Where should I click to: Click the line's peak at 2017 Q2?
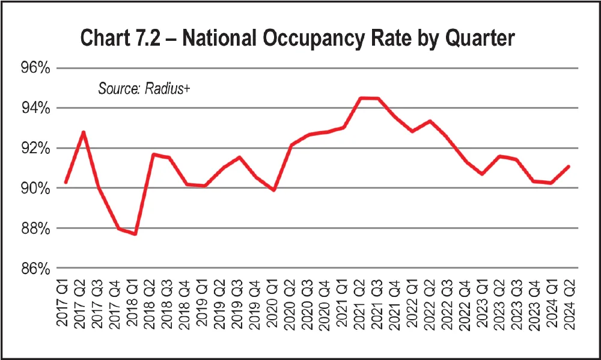click(x=83, y=132)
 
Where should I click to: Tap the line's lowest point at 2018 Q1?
click(x=135, y=234)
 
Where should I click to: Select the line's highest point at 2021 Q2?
click(x=361, y=98)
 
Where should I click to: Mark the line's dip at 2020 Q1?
click(x=274, y=190)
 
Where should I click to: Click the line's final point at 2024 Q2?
click(x=569, y=166)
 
